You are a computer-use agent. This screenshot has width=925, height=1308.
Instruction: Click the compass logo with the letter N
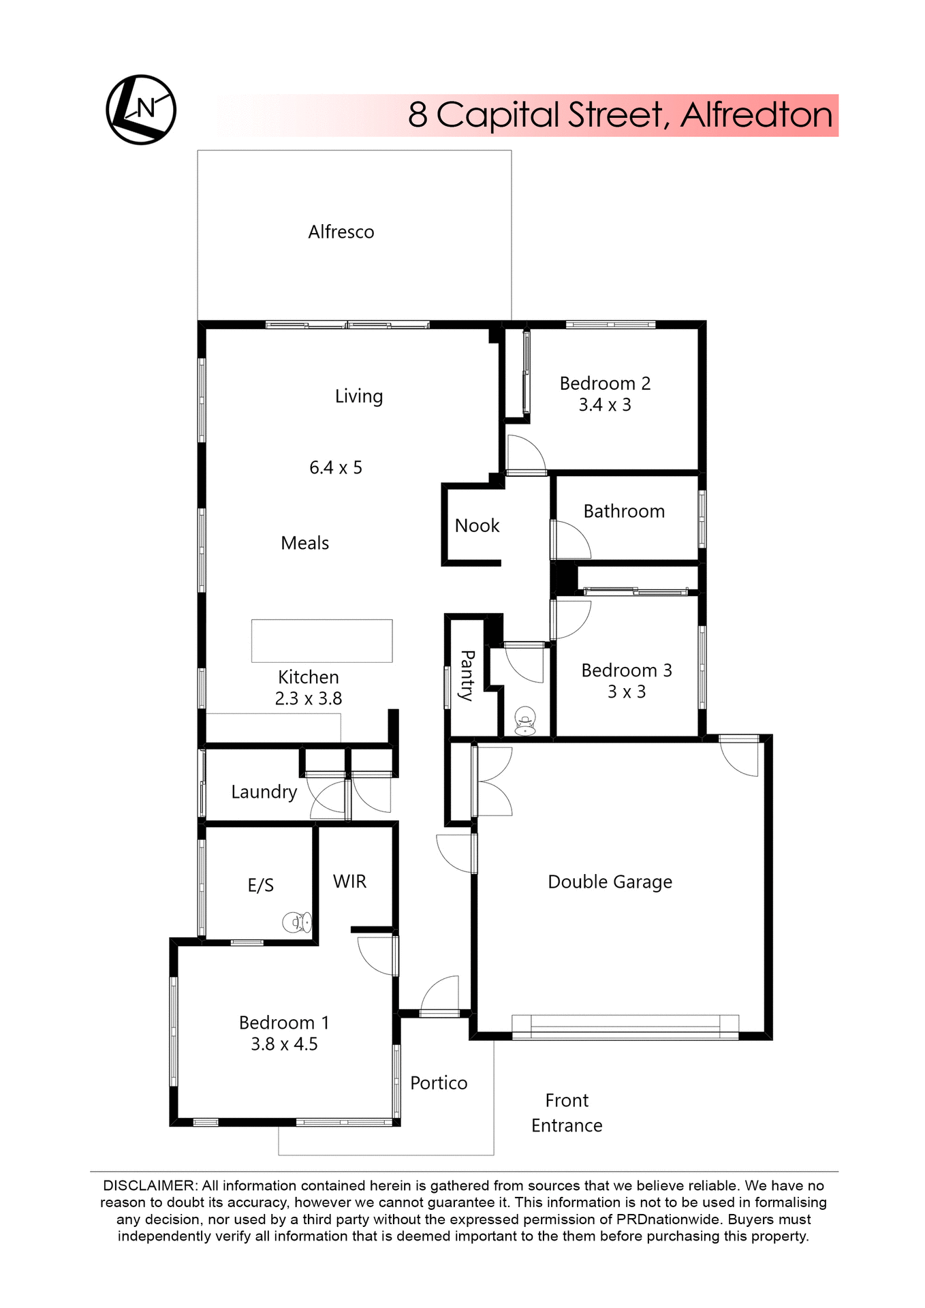tap(141, 110)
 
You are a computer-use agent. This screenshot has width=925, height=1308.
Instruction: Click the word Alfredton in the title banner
tap(756, 115)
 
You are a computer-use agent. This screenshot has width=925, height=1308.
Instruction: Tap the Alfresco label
tap(341, 232)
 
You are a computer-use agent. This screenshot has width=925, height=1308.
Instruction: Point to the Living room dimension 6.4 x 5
tap(335, 468)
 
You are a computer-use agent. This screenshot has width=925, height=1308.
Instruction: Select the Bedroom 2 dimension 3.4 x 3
tap(604, 405)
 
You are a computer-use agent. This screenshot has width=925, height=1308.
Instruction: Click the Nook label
tap(477, 526)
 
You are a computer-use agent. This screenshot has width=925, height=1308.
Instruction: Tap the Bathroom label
tap(623, 512)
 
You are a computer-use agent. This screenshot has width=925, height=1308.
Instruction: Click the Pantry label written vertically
tap(467, 675)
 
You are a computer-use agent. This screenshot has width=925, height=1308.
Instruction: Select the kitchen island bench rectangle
tap(322, 640)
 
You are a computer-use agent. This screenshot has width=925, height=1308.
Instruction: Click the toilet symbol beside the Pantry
tap(524, 721)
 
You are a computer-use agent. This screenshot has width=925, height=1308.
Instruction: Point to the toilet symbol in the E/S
tap(298, 922)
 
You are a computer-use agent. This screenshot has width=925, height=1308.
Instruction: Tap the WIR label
tap(349, 882)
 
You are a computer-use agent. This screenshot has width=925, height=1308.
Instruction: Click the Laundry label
tap(264, 792)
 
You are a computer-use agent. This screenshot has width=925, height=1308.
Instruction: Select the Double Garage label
tap(610, 882)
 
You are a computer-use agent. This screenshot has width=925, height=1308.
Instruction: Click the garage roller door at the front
tap(625, 1027)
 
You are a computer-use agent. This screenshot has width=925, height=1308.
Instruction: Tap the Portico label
tap(439, 1083)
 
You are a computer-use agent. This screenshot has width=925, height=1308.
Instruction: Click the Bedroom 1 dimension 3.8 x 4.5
tap(284, 1044)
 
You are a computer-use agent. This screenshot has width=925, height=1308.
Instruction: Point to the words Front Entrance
tap(567, 1112)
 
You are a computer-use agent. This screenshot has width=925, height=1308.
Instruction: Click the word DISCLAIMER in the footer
tap(149, 1185)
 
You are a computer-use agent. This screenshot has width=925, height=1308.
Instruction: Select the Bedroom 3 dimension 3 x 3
tap(626, 692)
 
